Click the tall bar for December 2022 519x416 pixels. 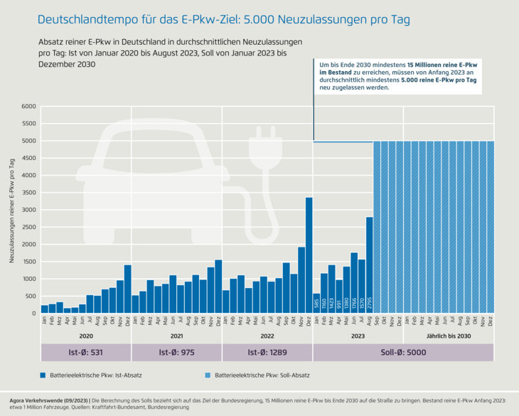309,255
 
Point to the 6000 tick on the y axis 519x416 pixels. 29,107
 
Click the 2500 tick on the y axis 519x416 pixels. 29,228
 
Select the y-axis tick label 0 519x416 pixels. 33,314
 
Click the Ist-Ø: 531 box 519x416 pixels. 86,353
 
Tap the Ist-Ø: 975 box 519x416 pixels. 177,353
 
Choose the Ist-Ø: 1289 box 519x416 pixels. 267,353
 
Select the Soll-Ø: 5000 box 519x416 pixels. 403,353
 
